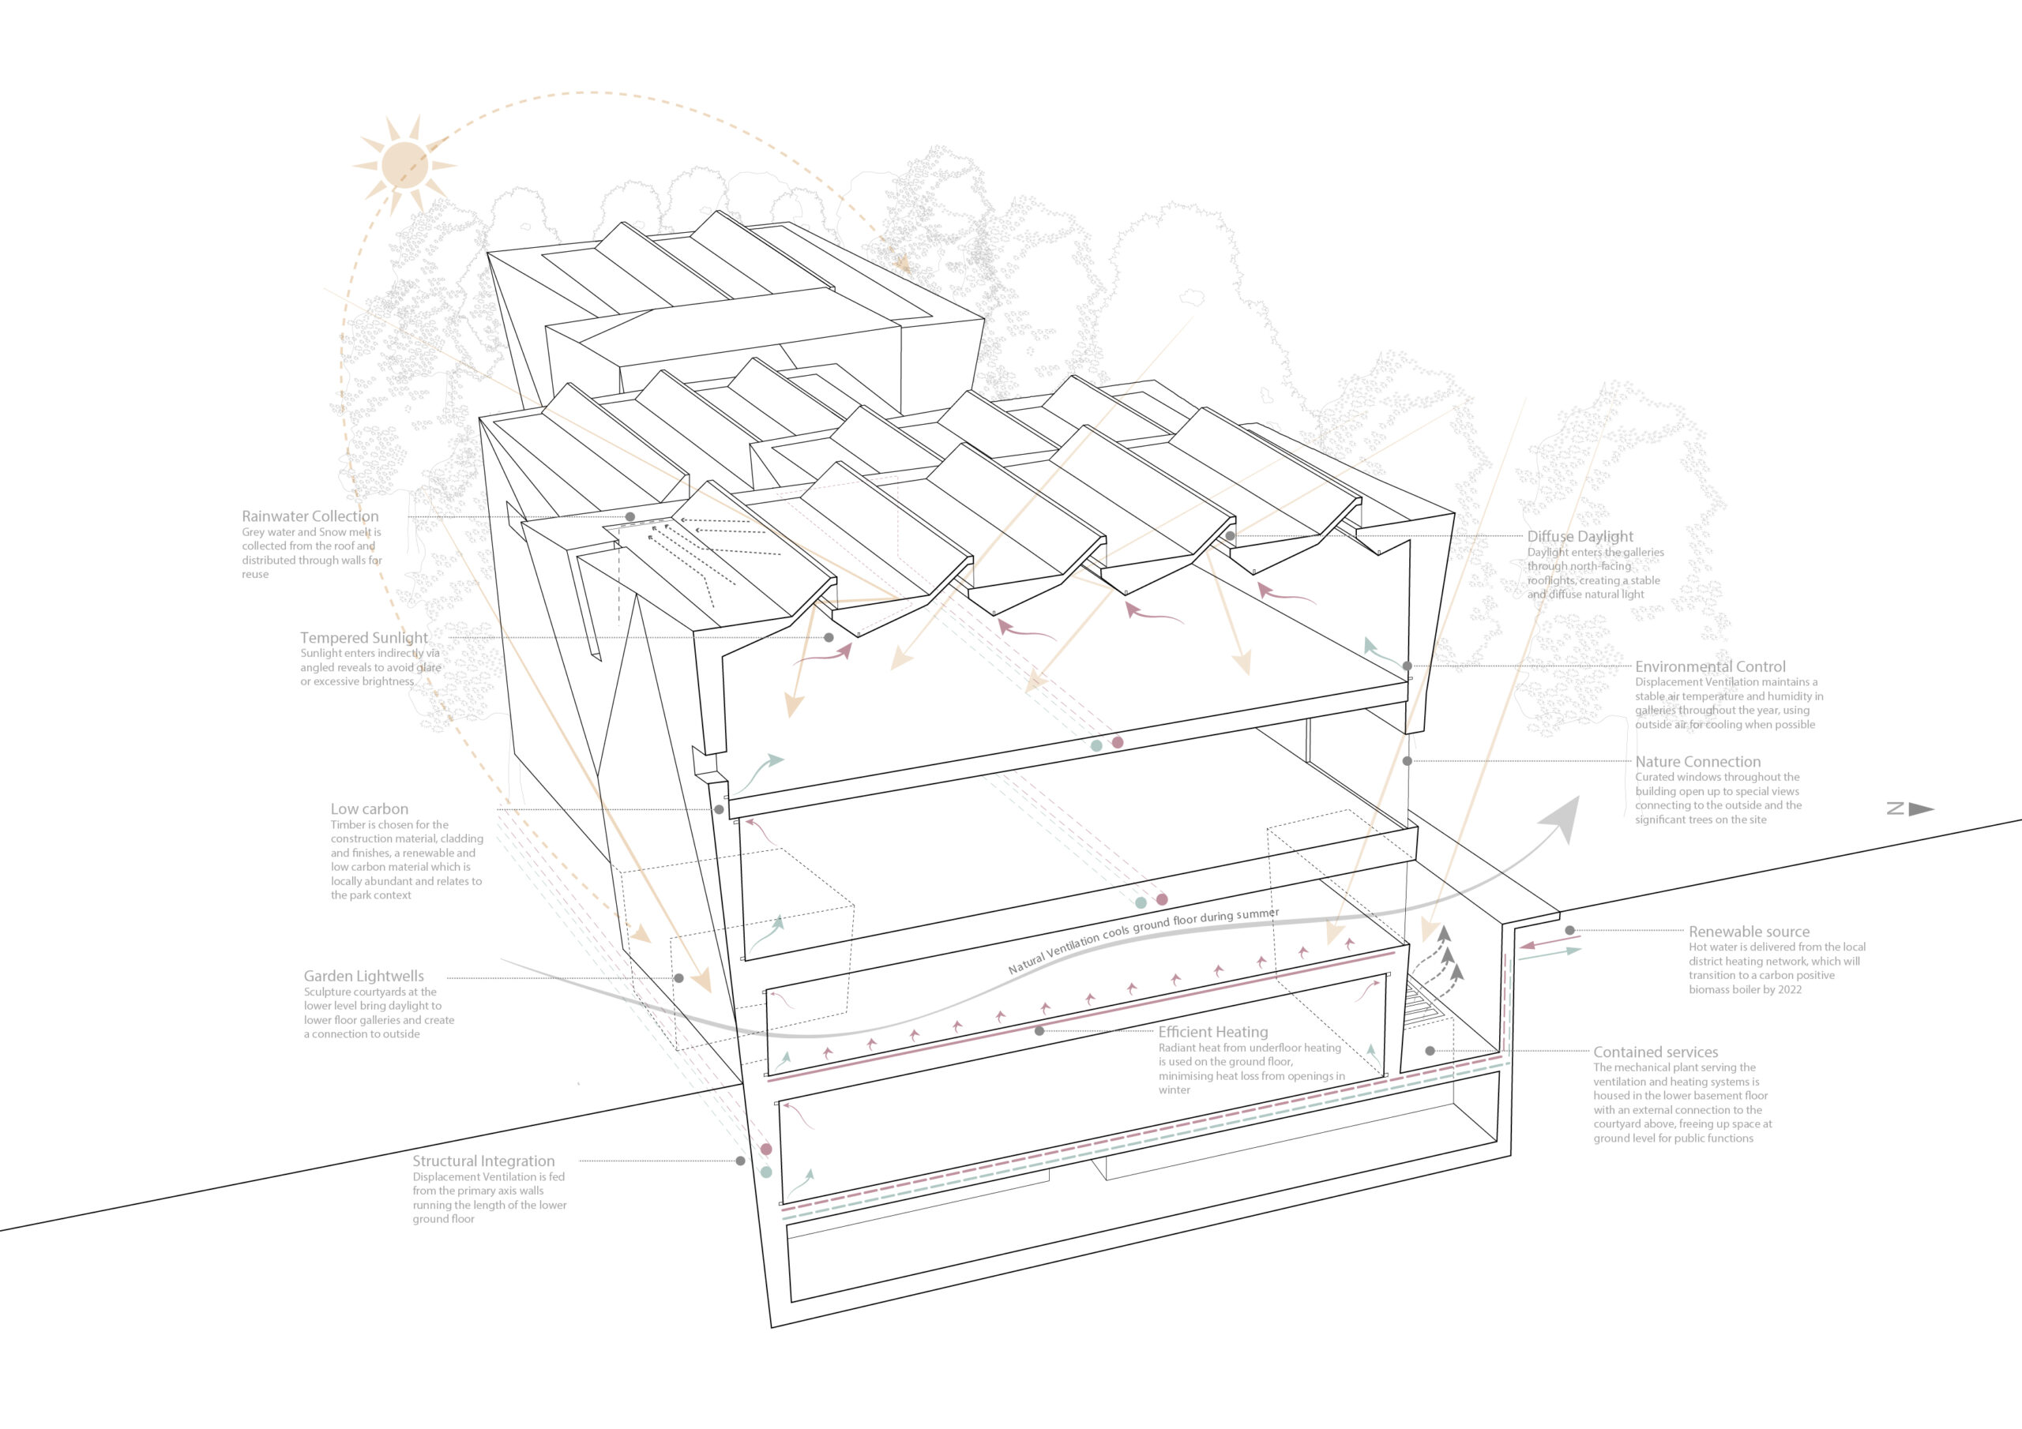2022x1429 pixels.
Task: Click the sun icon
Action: click(x=404, y=165)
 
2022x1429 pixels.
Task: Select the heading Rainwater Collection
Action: click(x=310, y=516)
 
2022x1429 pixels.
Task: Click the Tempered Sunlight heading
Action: click(x=363, y=637)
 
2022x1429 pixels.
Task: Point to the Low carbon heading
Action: click(x=369, y=808)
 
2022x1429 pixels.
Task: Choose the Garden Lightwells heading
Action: click(x=363, y=976)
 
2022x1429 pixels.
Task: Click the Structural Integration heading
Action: click(x=483, y=1161)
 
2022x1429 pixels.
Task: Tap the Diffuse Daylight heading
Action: click(x=1580, y=536)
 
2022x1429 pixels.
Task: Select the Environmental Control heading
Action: click(x=1710, y=666)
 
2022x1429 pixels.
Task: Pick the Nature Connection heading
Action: click(x=1698, y=762)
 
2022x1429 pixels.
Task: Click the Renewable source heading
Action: click(x=1749, y=932)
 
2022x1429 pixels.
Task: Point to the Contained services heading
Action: click(x=1656, y=1052)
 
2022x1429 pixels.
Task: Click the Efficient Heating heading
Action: click(x=1212, y=1032)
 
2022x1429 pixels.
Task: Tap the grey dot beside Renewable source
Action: click(x=1569, y=931)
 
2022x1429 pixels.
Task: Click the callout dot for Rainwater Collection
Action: click(x=630, y=517)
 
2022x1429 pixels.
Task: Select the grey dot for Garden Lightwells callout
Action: click(x=679, y=978)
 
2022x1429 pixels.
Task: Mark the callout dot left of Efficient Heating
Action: click(x=1039, y=1031)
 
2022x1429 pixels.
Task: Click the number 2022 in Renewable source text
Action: click(x=1787, y=990)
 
